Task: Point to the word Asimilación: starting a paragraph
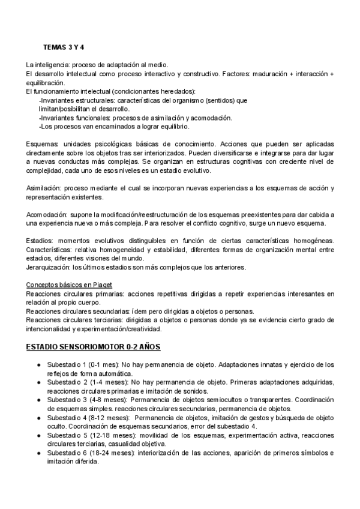pos(45,188)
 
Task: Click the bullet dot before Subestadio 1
pos(38,364)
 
